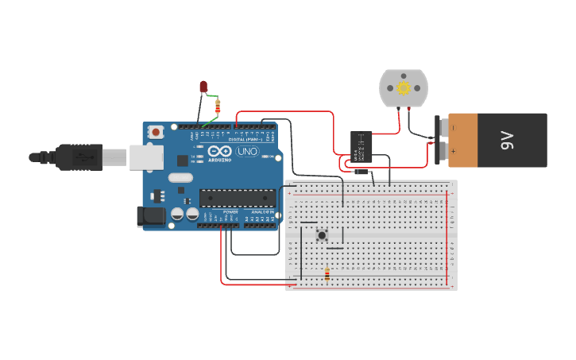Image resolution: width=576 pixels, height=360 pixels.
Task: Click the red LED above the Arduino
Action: (203, 86)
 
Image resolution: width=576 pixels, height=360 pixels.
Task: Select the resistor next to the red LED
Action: (218, 106)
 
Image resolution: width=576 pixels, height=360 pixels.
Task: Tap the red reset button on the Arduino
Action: (157, 132)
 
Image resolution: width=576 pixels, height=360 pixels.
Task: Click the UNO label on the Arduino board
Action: (247, 151)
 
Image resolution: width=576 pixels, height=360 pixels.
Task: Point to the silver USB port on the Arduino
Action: (146, 157)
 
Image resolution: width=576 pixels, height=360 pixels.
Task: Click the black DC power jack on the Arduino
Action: (150, 216)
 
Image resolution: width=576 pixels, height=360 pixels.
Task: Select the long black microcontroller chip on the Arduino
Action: (238, 198)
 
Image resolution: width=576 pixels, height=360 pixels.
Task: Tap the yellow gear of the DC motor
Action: (404, 88)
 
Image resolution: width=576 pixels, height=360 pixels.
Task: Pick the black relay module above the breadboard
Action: (361, 146)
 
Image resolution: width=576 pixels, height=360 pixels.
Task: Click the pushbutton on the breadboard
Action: (322, 234)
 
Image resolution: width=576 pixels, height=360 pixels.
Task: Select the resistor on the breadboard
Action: (327, 275)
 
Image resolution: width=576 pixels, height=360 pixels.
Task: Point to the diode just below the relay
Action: (361, 169)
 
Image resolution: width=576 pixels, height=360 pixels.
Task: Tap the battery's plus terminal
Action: (439, 151)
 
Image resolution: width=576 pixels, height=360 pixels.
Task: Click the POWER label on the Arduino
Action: (230, 212)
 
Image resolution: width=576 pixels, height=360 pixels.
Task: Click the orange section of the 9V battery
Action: (463, 140)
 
